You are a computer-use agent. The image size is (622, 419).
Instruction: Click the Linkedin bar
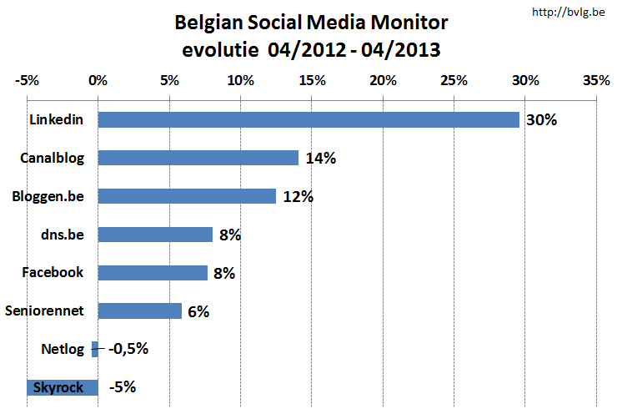pos(308,119)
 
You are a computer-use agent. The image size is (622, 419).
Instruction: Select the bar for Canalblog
pos(198,158)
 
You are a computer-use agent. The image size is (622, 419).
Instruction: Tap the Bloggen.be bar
pos(187,196)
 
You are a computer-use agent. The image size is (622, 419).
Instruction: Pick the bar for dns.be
pos(155,235)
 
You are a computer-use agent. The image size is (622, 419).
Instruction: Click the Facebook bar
pos(153,273)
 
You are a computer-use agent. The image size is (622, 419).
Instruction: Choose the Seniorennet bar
pos(139,310)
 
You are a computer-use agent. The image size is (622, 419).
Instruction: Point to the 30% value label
pos(540,120)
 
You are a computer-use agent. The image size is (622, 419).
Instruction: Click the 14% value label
pos(320,159)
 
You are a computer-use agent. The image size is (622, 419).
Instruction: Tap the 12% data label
pos(297,197)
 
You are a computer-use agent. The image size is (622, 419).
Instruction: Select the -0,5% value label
pos(128,349)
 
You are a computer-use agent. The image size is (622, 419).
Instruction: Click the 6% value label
pos(198,311)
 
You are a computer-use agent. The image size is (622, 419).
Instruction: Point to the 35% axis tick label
pos(596,81)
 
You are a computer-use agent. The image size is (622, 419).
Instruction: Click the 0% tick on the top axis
pos(98,81)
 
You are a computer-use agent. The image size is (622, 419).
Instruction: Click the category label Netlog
pos(62,349)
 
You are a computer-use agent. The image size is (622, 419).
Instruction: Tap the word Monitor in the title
pos(406,23)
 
